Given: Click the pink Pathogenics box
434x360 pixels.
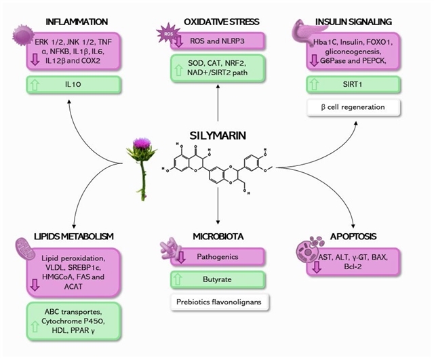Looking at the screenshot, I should click(217, 258).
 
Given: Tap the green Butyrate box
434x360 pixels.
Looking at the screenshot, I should click(217, 279).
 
